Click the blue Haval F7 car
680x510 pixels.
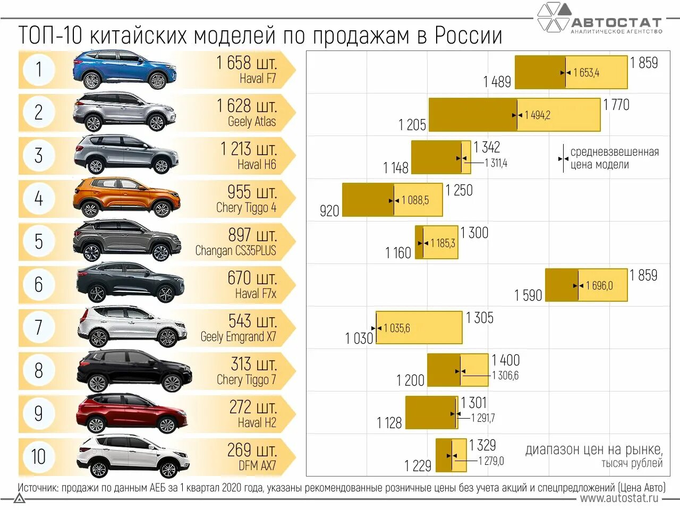click(124, 70)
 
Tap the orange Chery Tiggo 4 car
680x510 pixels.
click(126, 198)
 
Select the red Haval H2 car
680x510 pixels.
click(131, 413)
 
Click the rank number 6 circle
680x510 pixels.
click(38, 284)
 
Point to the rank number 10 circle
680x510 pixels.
click(38, 456)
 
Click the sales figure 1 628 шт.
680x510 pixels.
click(246, 106)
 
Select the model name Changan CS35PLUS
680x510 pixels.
click(235, 251)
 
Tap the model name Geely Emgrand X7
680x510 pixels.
click(238, 337)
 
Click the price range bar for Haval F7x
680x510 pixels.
click(586, 285)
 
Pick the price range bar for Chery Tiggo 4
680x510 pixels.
click(392, 200)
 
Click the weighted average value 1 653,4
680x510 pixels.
click(586, 73)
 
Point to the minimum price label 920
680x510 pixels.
click(329, 211)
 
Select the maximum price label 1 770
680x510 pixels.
click(616, 105)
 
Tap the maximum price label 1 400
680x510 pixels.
click(506, 360)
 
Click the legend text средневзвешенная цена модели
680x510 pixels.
click(614, 158)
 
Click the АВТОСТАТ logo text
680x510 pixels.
click(616, 22)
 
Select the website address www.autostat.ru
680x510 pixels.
click(619, 498)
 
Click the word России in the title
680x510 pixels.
click(468, 36)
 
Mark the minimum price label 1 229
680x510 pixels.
click(418, 466)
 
